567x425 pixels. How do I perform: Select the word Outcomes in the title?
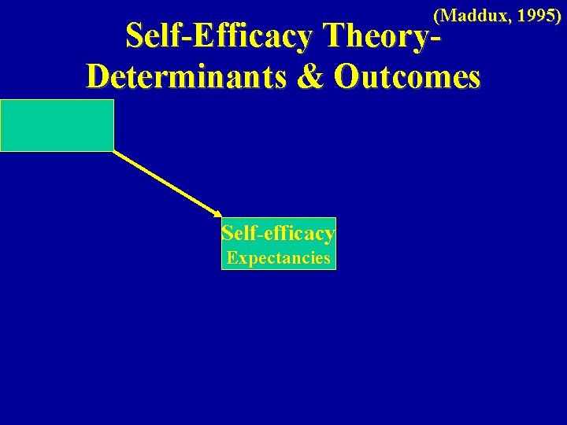click(406, 76)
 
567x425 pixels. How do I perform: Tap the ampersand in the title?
click(317, 76)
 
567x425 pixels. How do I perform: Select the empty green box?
click(57, 125)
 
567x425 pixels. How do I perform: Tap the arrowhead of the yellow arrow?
click(218, 213)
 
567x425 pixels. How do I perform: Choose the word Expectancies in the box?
click(278, 257)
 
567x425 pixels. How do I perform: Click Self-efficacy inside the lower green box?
click(279, 233)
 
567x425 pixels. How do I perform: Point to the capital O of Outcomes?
click(346, 76)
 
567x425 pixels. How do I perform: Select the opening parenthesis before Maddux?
click(437, 14)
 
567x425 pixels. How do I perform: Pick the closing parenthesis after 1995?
click(558, 14)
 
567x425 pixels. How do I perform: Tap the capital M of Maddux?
click(450, 14)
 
